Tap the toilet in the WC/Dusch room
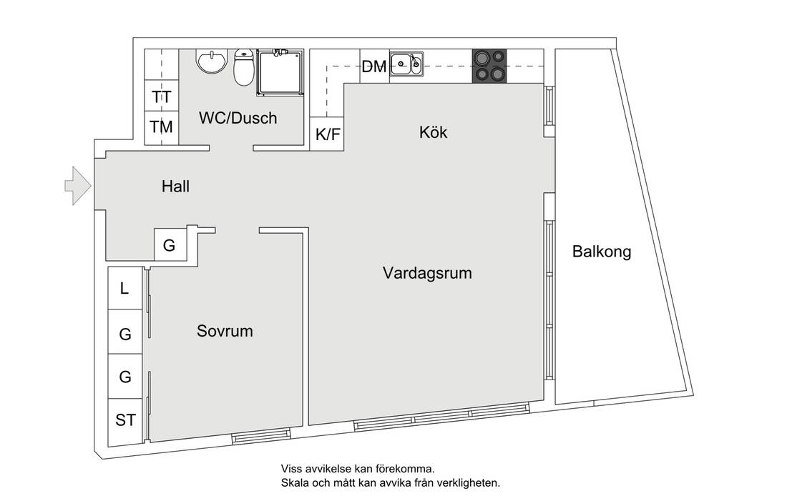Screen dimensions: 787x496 (x=244, y=68)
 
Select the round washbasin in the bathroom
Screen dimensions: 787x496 (x=211, y=61)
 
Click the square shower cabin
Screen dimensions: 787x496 (x=280, y=72)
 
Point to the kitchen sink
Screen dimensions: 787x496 (x=406, y=64)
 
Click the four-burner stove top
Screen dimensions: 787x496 (x=489, y=66)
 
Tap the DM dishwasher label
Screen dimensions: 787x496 (x=374, y=66)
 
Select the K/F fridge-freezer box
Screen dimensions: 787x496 (x=327, y=134)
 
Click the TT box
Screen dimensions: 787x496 (x=162, y=96)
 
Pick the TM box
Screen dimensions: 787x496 (x=162, y=128)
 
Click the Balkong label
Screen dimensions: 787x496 (x=601, y=252)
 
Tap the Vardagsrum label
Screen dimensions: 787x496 (x=427, y=273)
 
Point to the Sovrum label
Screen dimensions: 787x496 (x=225, y=331)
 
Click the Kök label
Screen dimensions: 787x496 (x=433, y=132)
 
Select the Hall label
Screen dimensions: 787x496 (x=175, y=187)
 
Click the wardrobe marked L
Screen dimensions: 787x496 (x=125, y=288)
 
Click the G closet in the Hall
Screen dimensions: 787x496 (x=170, y=244)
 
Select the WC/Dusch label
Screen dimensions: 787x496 (x=238, y=119)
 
